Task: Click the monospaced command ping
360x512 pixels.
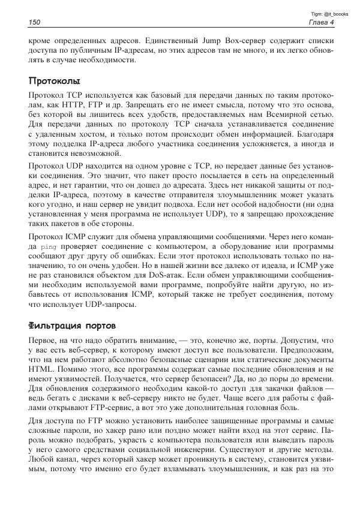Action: (44, 246)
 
